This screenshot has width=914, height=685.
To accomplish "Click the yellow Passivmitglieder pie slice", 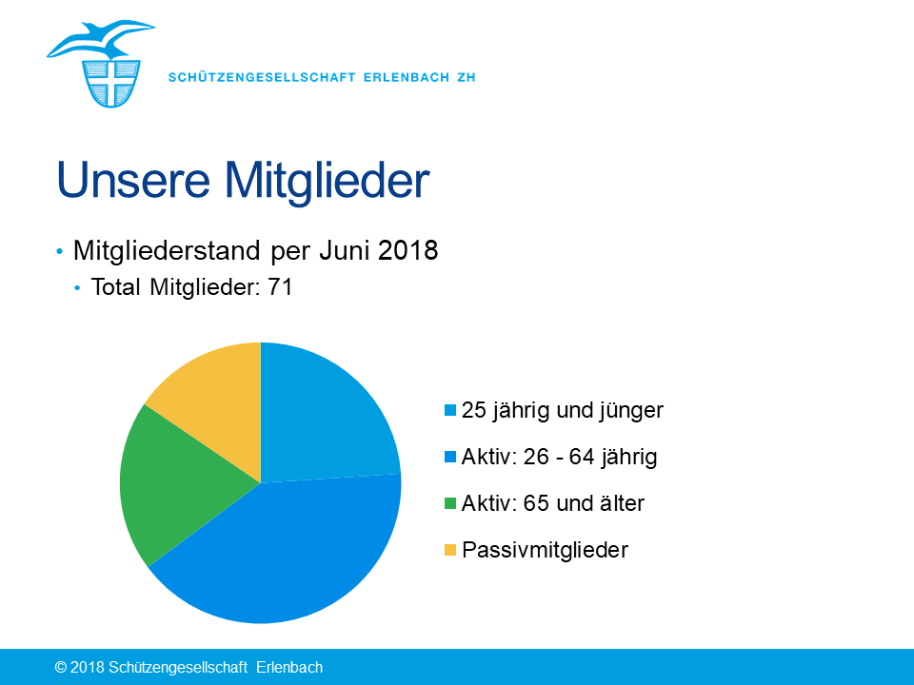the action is click(x=216, y=401).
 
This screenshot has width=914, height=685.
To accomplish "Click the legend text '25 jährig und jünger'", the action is click(x=563, y=411).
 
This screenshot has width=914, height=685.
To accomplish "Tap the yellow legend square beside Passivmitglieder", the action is click(x=450, y=550).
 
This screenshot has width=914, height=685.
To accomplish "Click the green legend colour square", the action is click(x=450, y=503).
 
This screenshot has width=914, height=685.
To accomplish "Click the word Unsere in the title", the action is click(x=133, y=180).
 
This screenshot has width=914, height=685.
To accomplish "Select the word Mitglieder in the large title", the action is click(x=327, y=182).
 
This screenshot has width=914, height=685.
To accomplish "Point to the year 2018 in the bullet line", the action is click(x=408, y=250).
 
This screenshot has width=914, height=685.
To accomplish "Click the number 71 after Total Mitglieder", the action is click(x=280, y=287).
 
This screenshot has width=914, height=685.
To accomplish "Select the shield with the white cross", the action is click(x=111, y=84).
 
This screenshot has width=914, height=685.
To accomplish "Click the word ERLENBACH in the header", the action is click(x=407, y=77).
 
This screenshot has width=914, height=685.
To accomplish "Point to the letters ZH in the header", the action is click(x=467, y=77).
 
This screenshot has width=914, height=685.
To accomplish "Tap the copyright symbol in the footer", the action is click(x=61, y=668).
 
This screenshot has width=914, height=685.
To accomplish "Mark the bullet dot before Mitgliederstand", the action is click(x=59, y=251).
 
